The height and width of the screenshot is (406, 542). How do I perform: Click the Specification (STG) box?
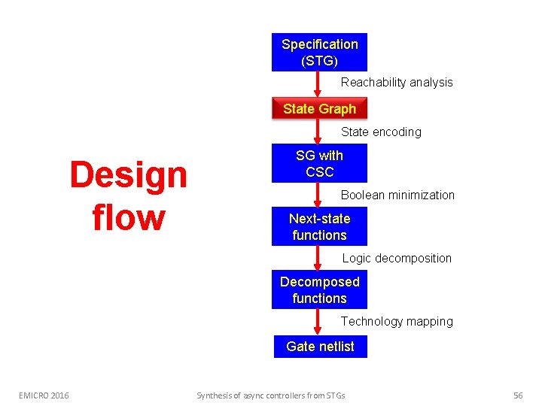319,53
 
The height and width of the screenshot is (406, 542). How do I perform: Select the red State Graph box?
319,109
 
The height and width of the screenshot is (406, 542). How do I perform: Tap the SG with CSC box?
319,163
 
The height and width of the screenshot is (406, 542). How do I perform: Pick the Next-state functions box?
319,226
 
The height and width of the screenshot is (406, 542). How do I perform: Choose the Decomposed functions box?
319,289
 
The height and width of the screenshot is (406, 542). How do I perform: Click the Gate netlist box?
320,347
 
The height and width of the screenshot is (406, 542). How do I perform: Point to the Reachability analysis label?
397,82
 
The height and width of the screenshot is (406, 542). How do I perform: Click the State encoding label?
381,132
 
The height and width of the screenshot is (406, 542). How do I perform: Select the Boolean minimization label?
397,195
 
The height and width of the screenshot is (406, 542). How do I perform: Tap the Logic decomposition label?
397,258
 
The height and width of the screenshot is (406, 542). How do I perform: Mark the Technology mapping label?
397,321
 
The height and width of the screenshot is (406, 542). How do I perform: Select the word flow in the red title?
128,217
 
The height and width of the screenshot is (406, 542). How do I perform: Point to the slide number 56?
518,395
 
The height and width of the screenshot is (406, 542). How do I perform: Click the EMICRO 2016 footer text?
44,395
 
